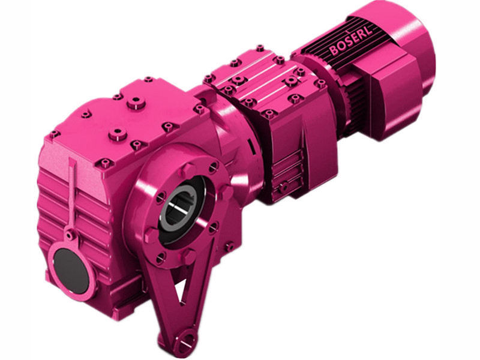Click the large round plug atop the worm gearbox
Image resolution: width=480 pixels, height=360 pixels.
tap(136, 103)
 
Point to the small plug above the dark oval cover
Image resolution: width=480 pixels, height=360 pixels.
tap(71, 235)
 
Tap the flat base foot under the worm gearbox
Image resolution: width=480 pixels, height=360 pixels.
tap(120, 294)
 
